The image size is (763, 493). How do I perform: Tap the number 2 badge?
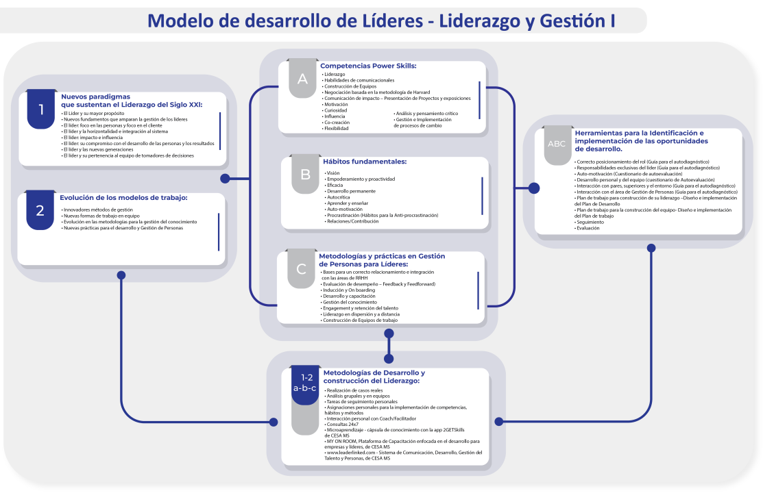click(40, 210)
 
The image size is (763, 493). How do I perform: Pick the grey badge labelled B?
click(305, 174)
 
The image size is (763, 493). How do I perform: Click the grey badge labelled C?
click(301, 269)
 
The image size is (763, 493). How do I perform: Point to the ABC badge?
click(556, 144)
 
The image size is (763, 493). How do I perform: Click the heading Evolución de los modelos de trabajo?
click(123, 197)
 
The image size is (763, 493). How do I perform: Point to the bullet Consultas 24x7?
click(343, 425)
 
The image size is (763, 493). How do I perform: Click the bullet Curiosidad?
click(336, 110)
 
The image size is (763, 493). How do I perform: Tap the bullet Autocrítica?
click(339, 197)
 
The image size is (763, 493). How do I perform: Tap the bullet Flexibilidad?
click(337, 128)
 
